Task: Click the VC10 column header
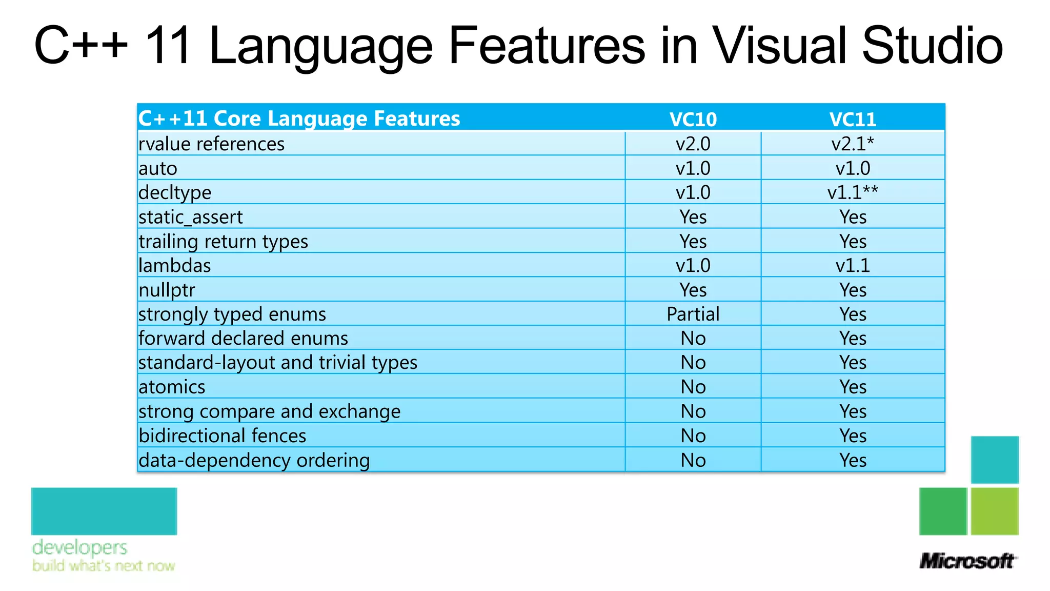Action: pyautogui.click(x=693, y=119)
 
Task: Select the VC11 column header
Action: pyautogui.click(x=853, y=119)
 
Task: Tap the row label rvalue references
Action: pyautogui.click(x=211, y=144)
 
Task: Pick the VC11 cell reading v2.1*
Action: pyautogui.click(x=853, y=144)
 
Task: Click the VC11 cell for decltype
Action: pyautogui.click(x=853, y=192)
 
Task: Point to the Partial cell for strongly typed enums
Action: pyautogui.click(x=693, y=314)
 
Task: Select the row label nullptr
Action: pyautogui.click(x=167, y=290)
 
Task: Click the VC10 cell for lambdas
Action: pyautogui.click(x=693, y=266)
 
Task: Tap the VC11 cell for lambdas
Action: pyautogui.click(x=853, y=266)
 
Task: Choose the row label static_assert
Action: pyautogui.click(x=190, y=217)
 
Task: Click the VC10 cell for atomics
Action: pyautogui.click(x=693, y=387)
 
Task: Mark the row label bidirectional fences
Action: pyautogui.click(x=222, y=436)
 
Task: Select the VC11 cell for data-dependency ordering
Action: pyautogui.click(x=853, y=460)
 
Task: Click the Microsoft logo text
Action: pyautogui.click(x=966, y=561)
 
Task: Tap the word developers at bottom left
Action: pyautogui.click(x=79, y=547)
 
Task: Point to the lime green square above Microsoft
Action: pyautogui.click(x=995, y=511)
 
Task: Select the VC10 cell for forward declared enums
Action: pyautogui.click(x=693, y=338)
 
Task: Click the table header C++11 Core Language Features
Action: pyautogui.click(x=299, y=119)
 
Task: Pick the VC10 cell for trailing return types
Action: pyautogui.click(x=693, y=241)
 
